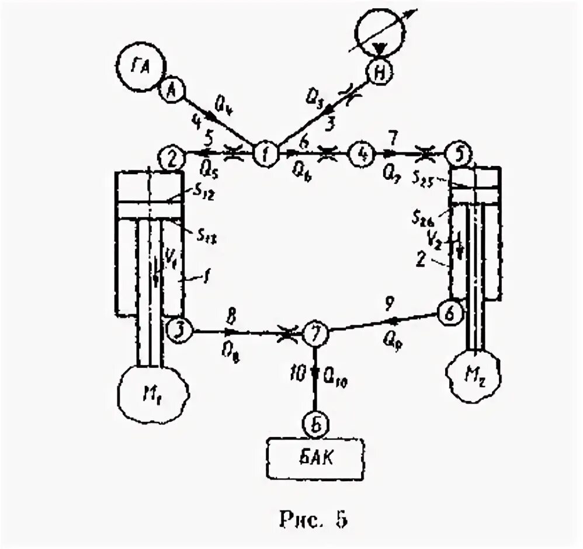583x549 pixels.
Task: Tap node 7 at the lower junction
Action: click(x=315, y=334)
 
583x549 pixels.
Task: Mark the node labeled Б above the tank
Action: click(x=315, y=423)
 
